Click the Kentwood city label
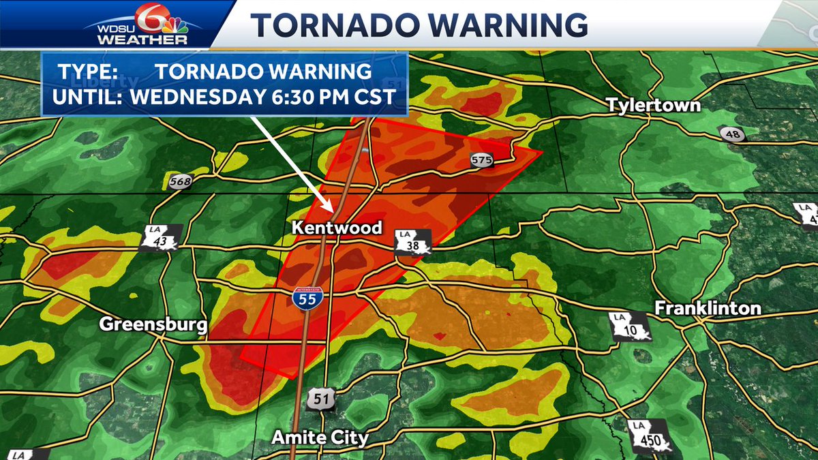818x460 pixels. coord(337,228)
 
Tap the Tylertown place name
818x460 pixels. coord(654,105)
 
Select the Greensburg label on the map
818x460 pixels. coord(153,324)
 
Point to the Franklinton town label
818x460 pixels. coord(708,308)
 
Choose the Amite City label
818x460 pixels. coord(320,437)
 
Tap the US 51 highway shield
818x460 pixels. coord(320,399)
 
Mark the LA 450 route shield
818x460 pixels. coord(650,436)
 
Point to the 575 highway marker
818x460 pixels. coord(481,160)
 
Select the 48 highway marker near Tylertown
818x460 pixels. coord(733,134)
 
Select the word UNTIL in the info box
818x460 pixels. coord(86,96)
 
